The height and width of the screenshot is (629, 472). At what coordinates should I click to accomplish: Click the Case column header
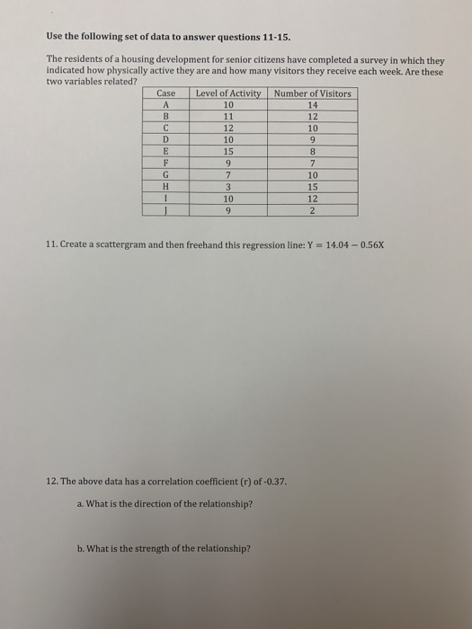(165, 93)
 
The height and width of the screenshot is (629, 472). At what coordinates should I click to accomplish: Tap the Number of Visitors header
(313, 93)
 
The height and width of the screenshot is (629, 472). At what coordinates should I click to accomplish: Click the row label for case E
(165, 152)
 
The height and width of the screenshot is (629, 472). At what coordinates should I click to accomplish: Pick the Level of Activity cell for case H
(228, 187)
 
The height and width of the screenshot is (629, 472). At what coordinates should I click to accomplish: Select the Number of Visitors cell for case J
(313, 210)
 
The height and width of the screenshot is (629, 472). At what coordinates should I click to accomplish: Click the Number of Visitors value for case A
(313, 104)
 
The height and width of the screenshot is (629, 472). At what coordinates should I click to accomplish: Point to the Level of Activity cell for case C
(228, 128)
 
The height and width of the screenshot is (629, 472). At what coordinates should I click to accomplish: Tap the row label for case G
(165, 175)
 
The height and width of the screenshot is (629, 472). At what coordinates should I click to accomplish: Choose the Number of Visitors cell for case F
(313, 164)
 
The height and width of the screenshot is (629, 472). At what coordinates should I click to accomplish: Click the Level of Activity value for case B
(228, 116)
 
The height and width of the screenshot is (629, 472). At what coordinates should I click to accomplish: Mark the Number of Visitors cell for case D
(313, 139)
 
